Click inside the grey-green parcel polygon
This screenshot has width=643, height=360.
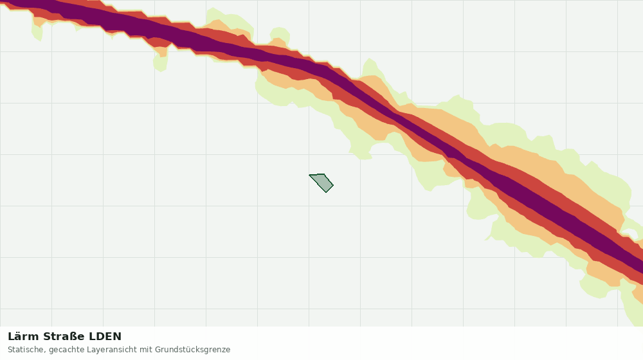(x=323, y=182)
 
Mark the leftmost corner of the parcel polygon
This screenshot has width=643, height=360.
(x=309, y=175)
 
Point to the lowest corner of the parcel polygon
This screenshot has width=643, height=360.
(x=327, y=192)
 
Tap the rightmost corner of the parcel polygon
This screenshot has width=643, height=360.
(x=333, y=185)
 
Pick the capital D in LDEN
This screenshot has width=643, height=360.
(x=100, y=337)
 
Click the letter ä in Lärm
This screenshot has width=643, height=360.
(x=17, y=337)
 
